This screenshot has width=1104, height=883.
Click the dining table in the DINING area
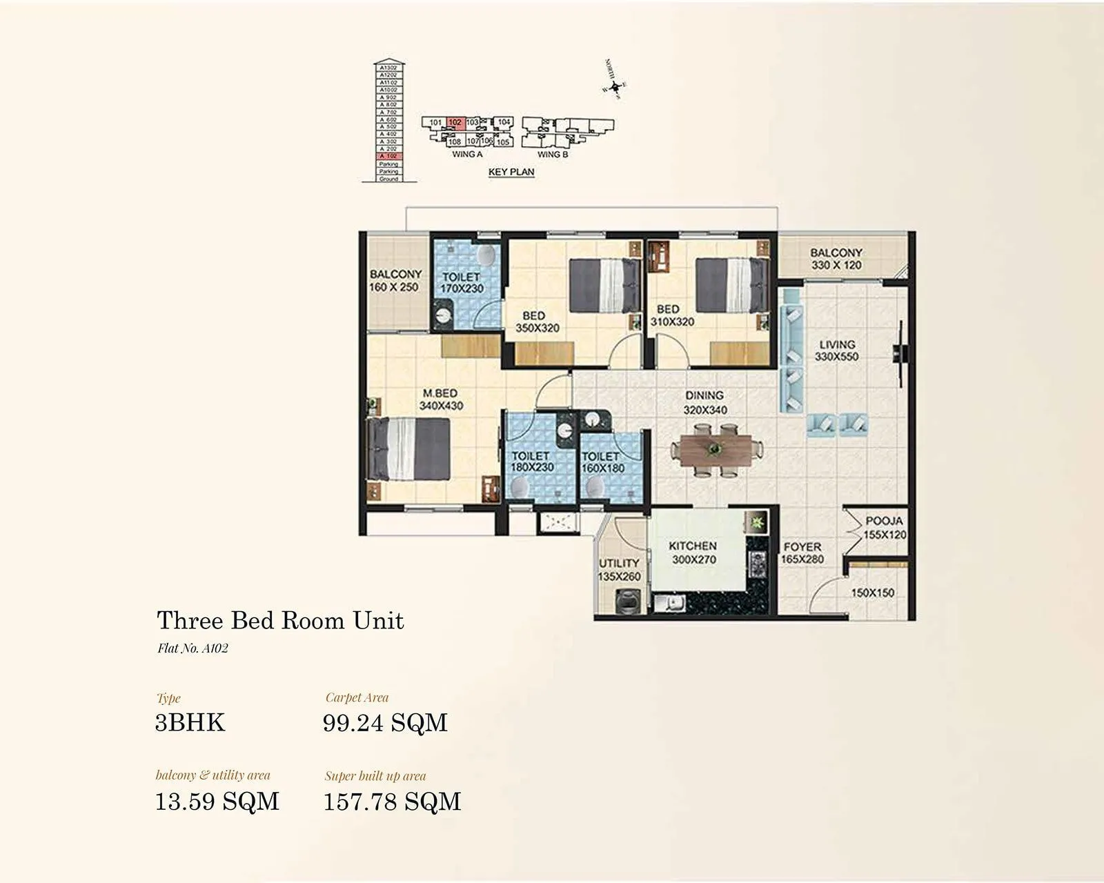point(716,450)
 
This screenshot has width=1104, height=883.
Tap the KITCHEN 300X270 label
point(693,553)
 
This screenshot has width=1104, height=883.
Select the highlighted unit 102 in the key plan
point(455,123)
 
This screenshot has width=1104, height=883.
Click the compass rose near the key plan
point(613,86)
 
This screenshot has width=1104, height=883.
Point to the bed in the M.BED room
point(408,449)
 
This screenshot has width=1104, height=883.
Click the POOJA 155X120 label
point(885,528)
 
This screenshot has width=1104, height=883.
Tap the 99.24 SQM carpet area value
point(385,722)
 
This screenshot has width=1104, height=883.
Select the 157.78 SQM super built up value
point(392,802)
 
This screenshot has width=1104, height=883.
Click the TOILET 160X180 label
point(602,462)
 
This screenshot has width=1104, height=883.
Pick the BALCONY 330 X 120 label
point(836,259)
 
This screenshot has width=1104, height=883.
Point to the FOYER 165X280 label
point(802,553)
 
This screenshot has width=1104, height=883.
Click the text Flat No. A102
point(193,648)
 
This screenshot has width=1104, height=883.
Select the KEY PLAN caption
point(511,172)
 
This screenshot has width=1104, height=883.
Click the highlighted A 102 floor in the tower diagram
point(388,157)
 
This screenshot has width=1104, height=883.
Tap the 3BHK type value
point(190,722)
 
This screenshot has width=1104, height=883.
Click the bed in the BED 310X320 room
point(731,285)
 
